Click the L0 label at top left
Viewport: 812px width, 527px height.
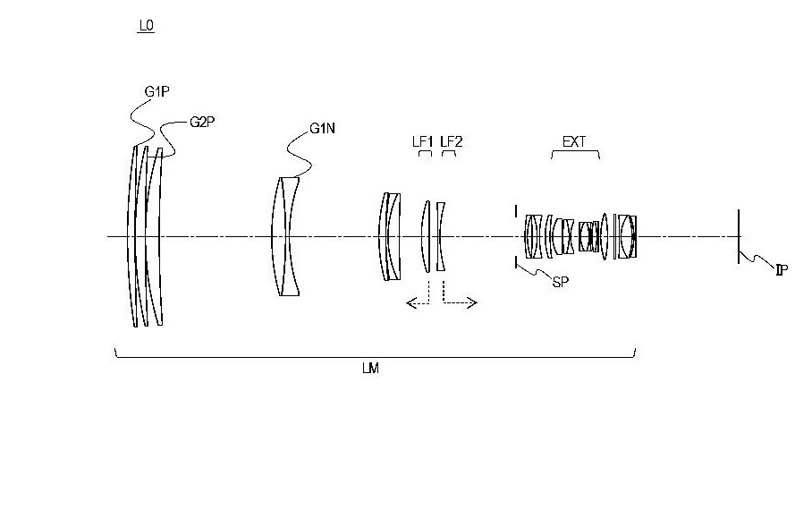[x=147, y=26]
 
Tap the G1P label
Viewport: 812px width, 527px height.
[x=156, y=92]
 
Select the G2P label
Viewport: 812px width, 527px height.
[x=202, y=123]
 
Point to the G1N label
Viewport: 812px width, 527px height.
[x=322, y=128]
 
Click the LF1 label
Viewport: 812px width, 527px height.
[x=423, y=141]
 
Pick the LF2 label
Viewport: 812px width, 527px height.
[x=451, y=141]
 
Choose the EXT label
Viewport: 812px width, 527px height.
[x=574, y=141]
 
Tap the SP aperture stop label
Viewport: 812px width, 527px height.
[x=561, y=282]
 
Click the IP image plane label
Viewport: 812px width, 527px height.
[x=782, y=269]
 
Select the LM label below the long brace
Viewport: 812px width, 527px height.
[x=371, y=369]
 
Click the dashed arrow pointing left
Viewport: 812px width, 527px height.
[x=418, y=302]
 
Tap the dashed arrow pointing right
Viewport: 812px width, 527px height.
[x=460, y=302]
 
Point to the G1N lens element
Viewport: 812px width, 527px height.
[x=285, y=237]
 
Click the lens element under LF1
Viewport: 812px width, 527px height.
[x=426, y=236]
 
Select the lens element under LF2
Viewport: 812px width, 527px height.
[x=440, y=237]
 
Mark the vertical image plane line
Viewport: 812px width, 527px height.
[x=739, y=236]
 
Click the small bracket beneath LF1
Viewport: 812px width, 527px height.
[x=425, y=152]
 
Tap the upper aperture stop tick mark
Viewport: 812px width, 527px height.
[x=516, y=211]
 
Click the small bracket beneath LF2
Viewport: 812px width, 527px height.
[x=449, y=152]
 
